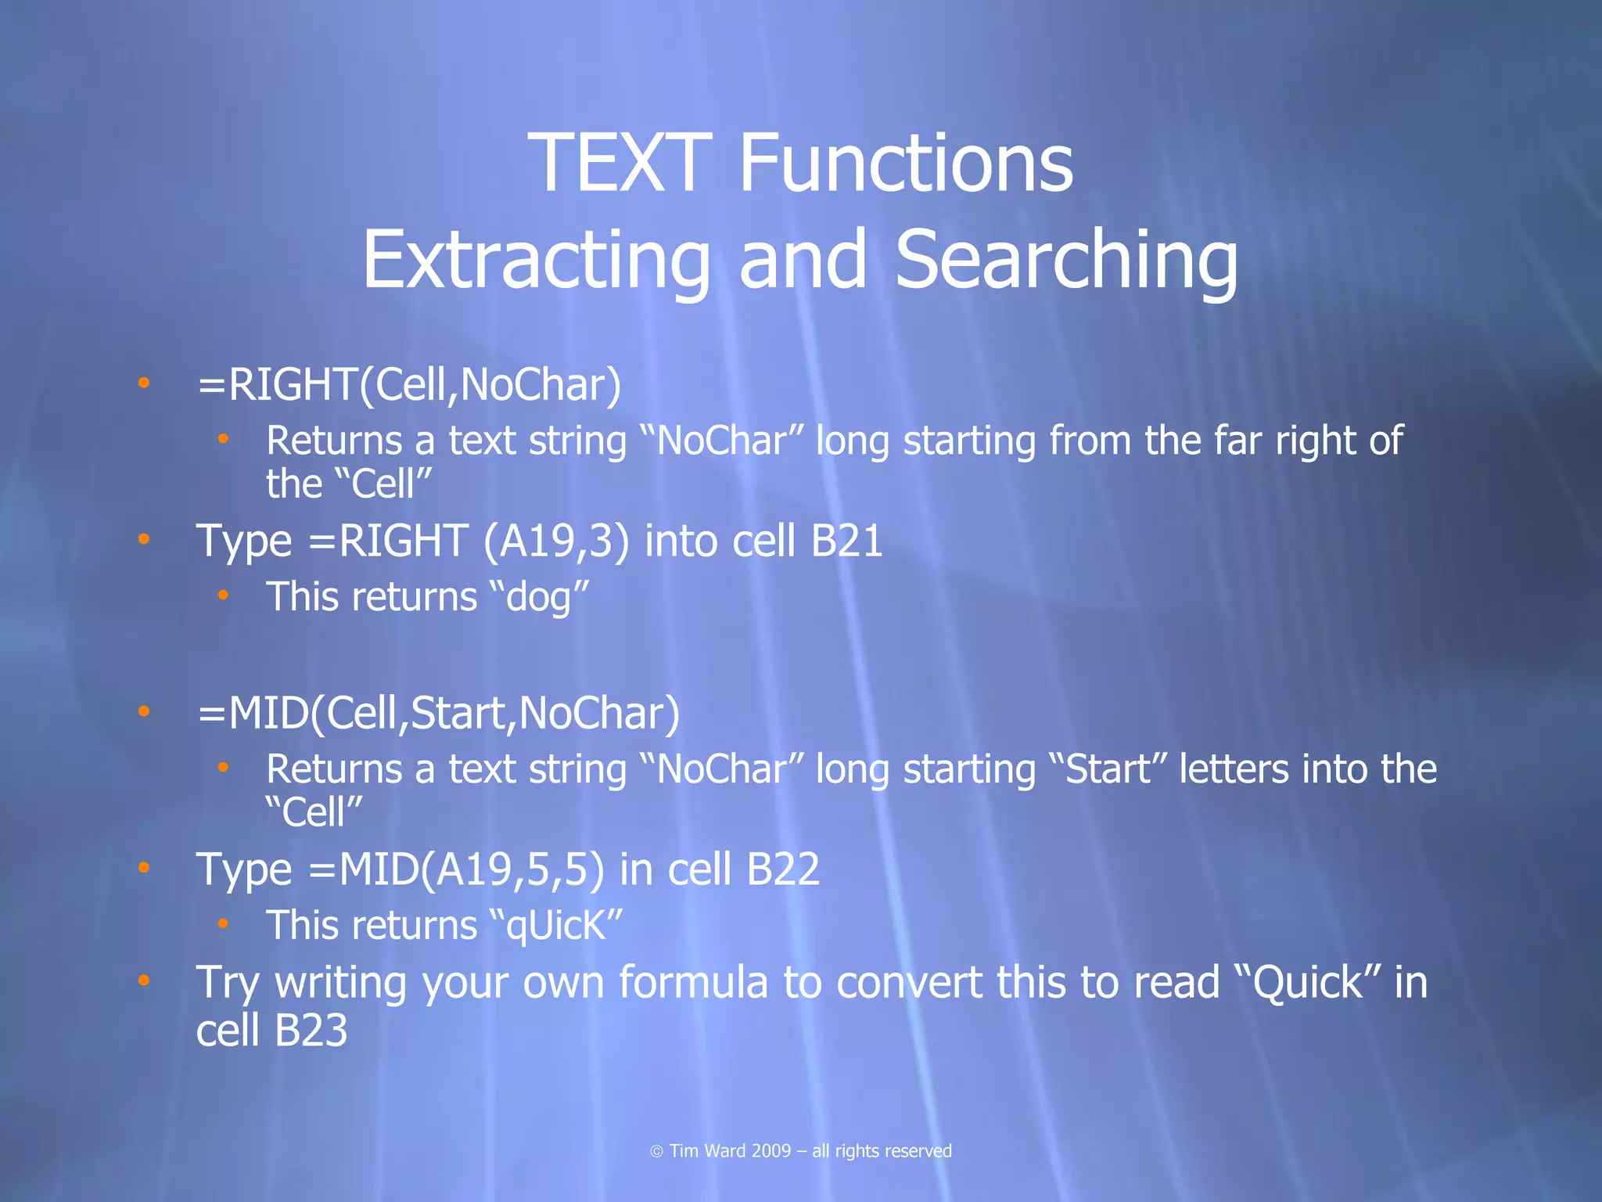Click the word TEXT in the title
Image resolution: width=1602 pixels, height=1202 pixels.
point(620,163)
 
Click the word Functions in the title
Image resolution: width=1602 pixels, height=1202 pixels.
point(905,163)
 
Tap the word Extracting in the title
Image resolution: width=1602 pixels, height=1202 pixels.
point(536,260)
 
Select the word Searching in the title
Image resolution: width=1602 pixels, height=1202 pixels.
point(1066,260)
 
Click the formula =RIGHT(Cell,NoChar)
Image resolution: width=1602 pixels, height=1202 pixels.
point(409,385)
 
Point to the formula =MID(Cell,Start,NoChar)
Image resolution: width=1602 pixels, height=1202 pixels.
point(438,714)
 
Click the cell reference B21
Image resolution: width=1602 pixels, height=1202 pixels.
point(846,541)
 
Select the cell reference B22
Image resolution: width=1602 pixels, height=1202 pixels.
point(783,869)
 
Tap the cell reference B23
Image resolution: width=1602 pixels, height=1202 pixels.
point(311,1030)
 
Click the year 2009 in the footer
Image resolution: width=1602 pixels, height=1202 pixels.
point(770,1151)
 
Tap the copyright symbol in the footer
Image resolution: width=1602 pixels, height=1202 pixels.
point(656,1151)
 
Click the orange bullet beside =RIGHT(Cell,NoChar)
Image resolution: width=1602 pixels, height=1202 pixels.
point(143,383)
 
